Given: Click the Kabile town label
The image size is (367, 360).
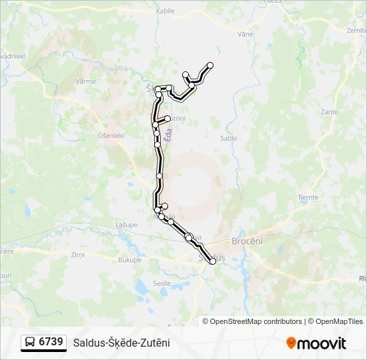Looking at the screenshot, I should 165,11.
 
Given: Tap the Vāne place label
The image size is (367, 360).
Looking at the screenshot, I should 245,33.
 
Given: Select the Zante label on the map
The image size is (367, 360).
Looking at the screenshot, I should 329,112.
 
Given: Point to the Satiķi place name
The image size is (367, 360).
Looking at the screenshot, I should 228,138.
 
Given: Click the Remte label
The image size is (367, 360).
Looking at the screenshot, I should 308,197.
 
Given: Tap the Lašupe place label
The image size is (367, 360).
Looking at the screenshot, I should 126,225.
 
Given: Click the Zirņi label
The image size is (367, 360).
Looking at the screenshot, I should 78,255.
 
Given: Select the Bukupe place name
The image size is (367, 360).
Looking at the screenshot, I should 129,260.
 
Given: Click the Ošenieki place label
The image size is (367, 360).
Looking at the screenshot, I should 111,135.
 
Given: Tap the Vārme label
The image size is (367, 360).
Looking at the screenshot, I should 86,81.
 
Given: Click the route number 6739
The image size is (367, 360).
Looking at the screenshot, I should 51,342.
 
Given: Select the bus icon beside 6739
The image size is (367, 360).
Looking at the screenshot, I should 30,343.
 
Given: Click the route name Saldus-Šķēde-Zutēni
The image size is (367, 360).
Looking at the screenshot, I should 121,343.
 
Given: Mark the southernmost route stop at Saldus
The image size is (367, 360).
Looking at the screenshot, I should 213,261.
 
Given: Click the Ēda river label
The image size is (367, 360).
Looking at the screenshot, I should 169,134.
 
